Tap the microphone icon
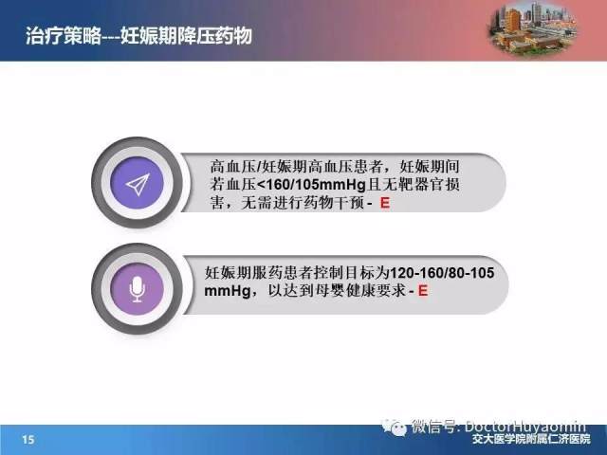(137, 289)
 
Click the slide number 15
(28, 440)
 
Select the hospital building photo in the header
(533, 28)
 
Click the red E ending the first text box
(385, 203)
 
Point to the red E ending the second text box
(423, 290)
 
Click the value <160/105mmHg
(312, 185)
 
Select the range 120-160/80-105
(442, 273)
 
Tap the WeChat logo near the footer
(395, 428)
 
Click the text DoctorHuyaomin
(525, 427)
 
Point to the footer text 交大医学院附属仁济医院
(531, 440)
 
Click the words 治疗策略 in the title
(64, 36)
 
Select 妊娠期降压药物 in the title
(186, 36)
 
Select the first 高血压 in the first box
(232, 167)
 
